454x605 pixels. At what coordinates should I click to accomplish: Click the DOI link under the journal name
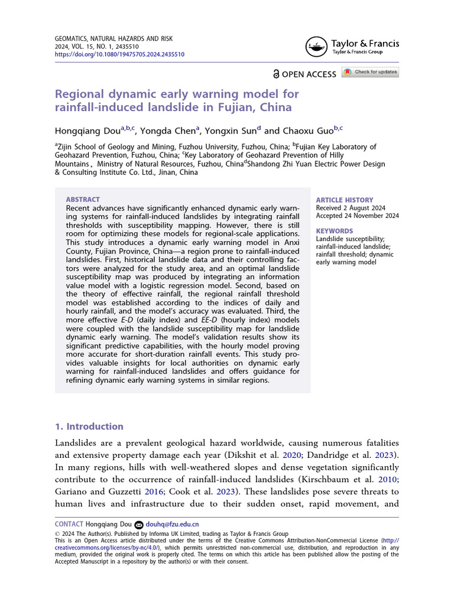click(119, 54)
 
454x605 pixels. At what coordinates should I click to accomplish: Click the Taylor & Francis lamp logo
click(316, 46)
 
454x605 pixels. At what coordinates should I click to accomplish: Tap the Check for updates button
click(371, 72)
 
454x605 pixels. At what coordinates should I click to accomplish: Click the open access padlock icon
click(276, 74)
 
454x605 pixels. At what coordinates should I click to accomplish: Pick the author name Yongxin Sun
click(229, 131)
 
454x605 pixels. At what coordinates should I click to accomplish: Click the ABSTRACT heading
click(83, 200)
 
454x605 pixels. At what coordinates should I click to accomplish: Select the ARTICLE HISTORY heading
click(345, 200)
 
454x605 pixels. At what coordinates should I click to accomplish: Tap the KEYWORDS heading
click(335, 231)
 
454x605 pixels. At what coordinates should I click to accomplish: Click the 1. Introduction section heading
click(89, 427)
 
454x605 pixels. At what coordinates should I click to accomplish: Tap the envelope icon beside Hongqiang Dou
click(139, 524)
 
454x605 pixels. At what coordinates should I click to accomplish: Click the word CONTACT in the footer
click(69, 524)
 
